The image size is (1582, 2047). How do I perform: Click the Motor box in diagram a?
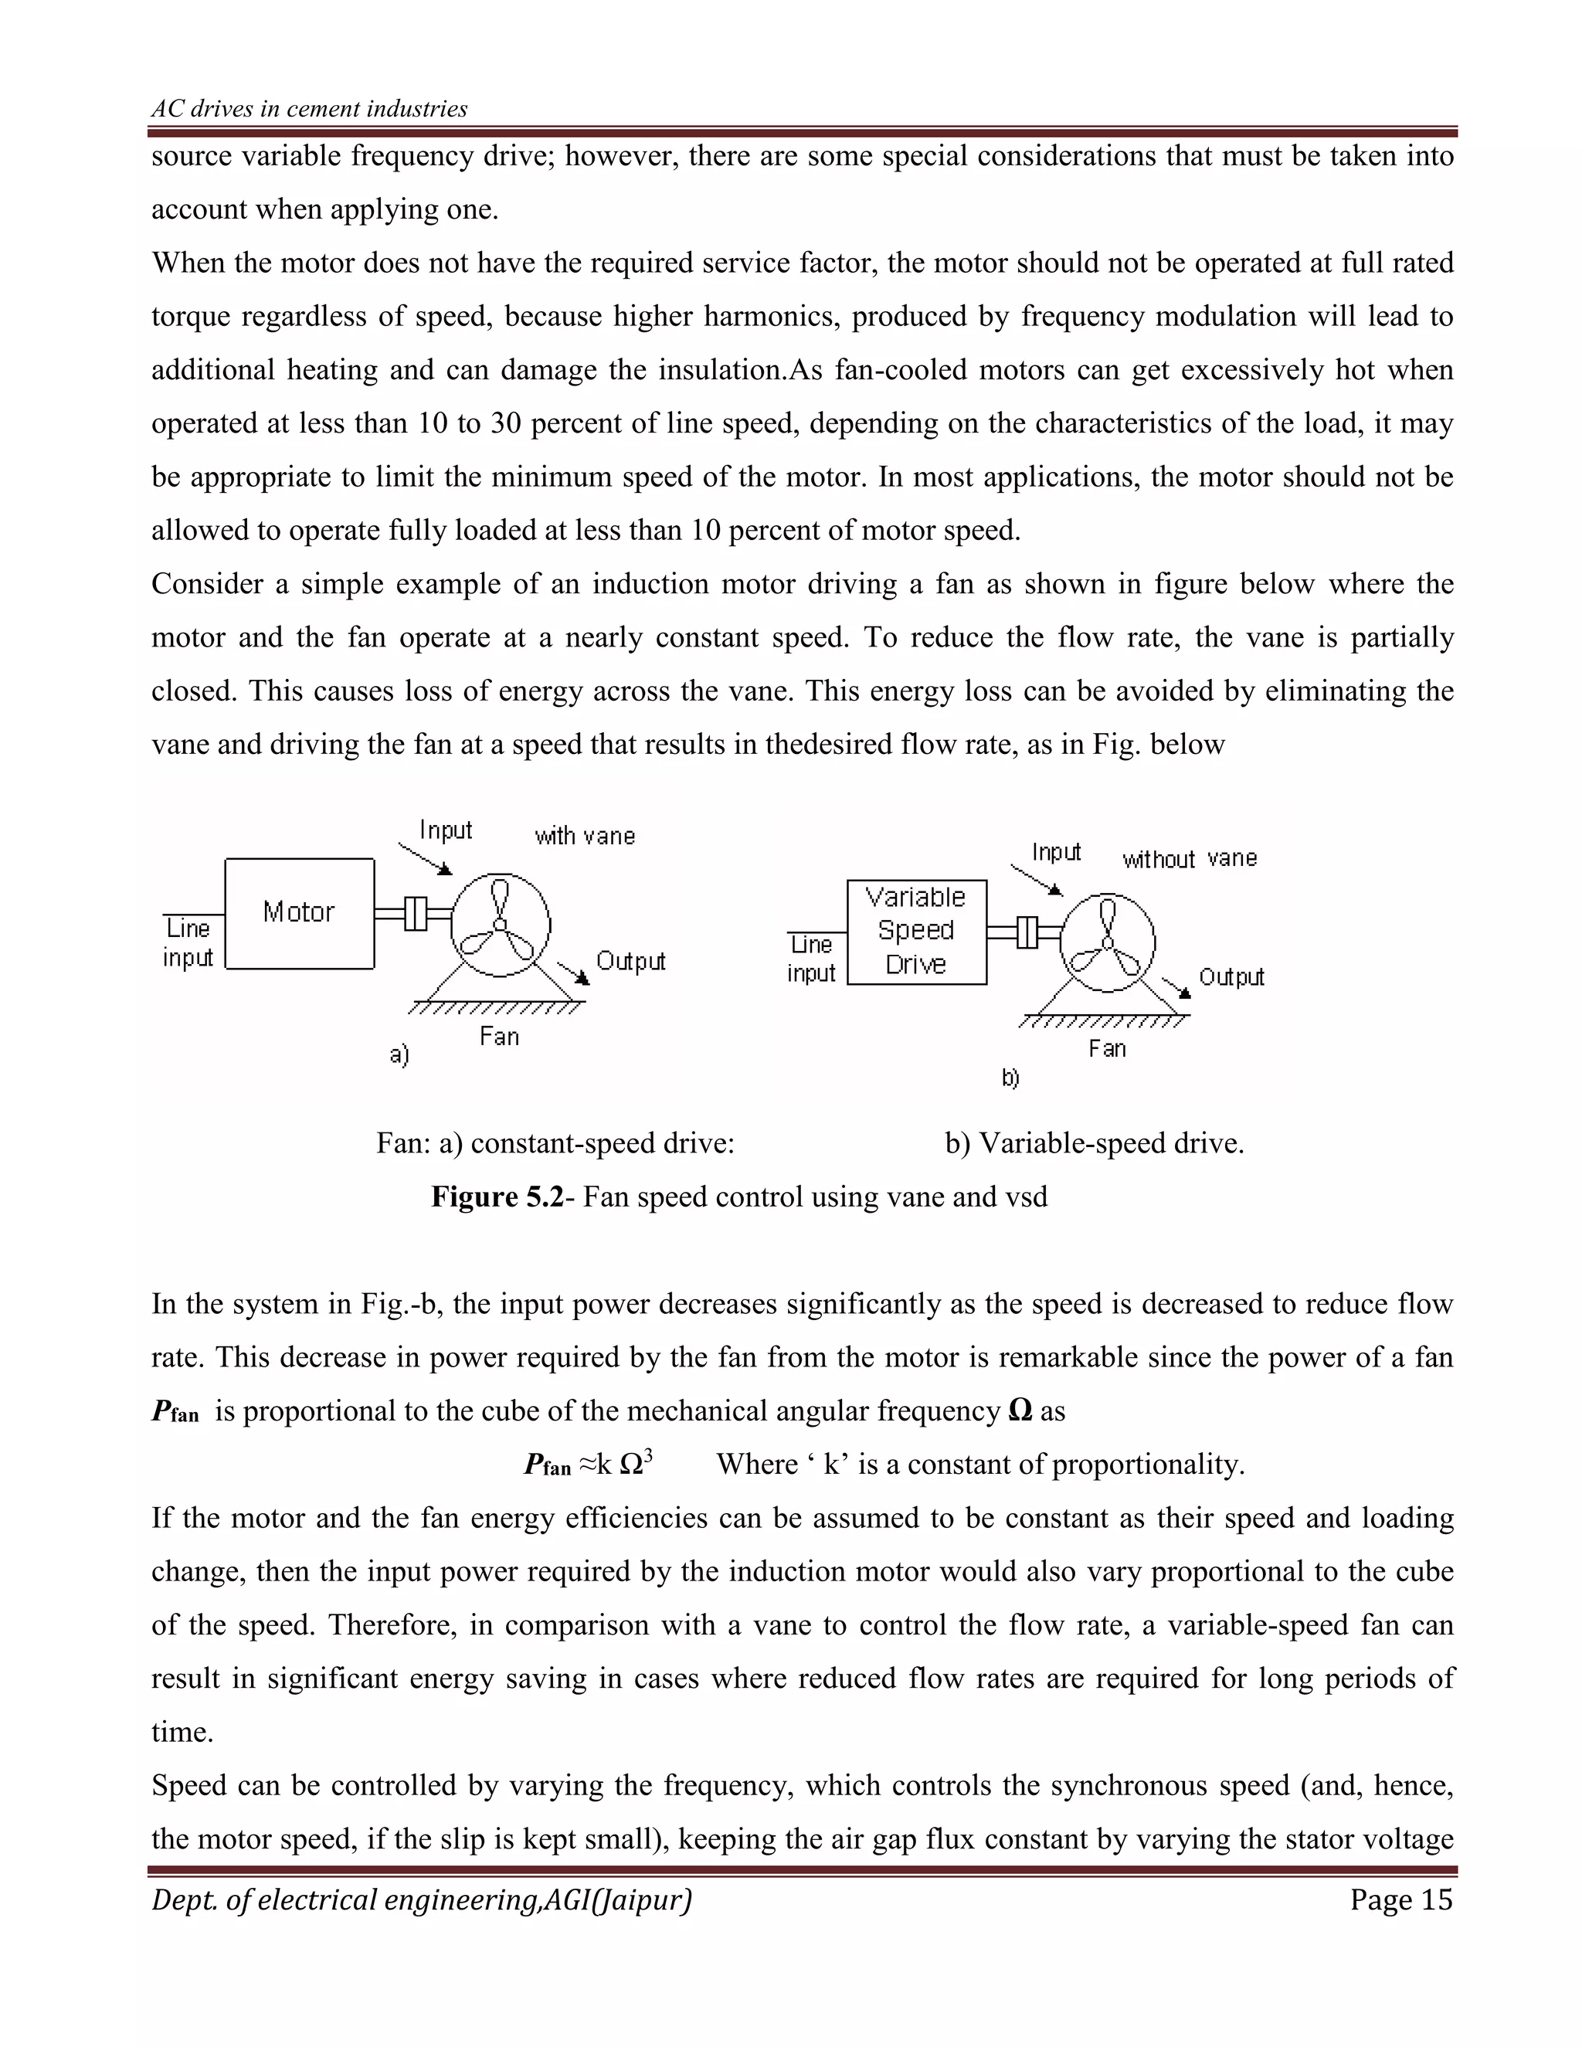point(299,912)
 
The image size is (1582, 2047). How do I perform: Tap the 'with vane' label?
point(585,836)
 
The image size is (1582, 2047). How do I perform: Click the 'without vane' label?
point(1190,858)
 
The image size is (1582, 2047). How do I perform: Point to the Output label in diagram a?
point(631,961)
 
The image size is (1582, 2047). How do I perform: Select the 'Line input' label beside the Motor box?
point(188,943)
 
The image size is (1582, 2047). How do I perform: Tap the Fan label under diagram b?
point(1107,1048)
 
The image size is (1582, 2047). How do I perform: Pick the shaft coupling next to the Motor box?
point(414,913)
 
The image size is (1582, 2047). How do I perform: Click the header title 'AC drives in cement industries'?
point(309,109)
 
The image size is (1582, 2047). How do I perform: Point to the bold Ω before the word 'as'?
point(1020,1411)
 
